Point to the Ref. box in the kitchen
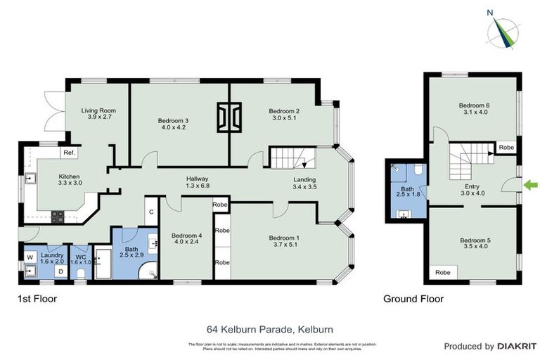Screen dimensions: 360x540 point(69,153)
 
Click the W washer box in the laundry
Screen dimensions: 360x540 point(30,257)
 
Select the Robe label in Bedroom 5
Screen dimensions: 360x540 point(443,272)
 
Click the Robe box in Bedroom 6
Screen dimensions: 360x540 point(506,148)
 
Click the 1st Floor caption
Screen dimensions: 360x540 point(37,299)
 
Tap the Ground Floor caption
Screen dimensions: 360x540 point(413,299)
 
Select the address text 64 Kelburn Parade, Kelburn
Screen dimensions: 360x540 point(269,328)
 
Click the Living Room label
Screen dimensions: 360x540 point(98,114)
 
